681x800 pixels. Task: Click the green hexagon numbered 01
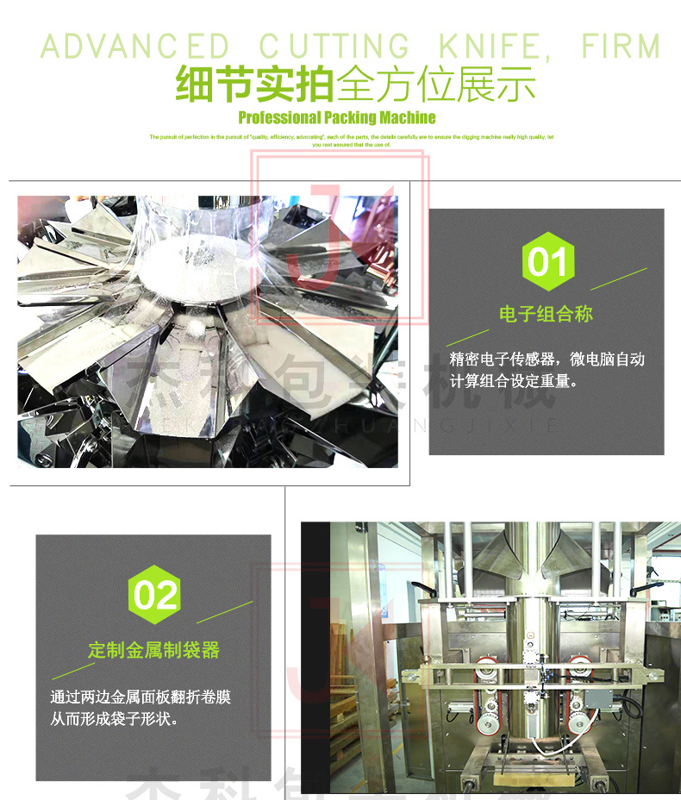point(547,260)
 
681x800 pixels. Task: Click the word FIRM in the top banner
point(620,45)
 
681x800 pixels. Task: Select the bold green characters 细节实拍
point(255,85)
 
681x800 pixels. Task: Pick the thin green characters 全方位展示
point(436,85)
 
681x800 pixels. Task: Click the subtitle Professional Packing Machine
point(337,117)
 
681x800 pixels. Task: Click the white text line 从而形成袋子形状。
point(115,718)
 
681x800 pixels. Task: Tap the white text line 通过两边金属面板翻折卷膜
point(141,697)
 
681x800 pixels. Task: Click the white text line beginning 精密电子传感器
point(547,359)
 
